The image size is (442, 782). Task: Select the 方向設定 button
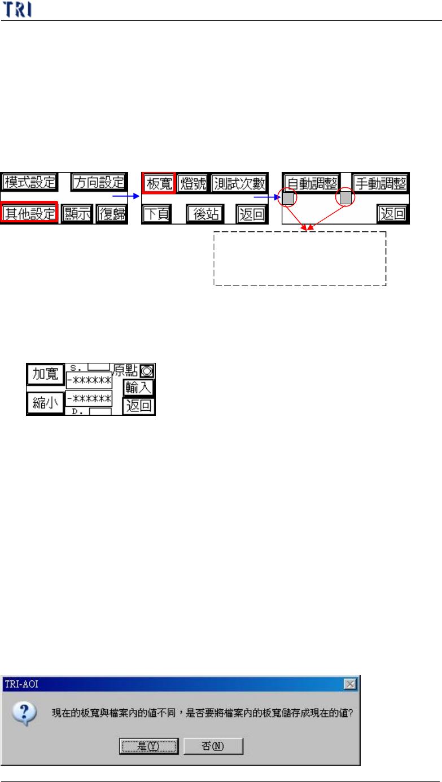tap(99, 182)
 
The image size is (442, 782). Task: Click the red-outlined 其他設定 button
tap(29, 214)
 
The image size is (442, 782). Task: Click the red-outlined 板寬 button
tap(159, 183)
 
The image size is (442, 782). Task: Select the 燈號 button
tap(193, 183)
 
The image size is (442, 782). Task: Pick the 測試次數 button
tap(240, 183)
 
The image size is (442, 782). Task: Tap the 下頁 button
tap(156, 214)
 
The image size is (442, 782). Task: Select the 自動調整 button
tap(311, 183)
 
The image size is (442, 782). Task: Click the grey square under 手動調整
tap(345, 198)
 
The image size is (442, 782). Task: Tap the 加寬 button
tap(45, 374)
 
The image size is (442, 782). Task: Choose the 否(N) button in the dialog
tap(213, 746)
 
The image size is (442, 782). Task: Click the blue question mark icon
tap(27, 713)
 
